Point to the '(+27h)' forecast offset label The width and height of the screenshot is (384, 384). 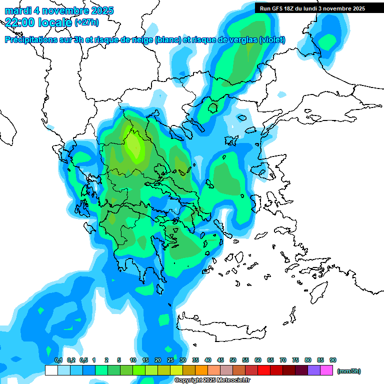(86, 22)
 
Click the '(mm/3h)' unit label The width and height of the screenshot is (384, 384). (349, 371)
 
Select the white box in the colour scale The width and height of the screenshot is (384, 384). (51, 370)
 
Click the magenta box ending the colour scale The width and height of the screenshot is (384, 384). (327, 370)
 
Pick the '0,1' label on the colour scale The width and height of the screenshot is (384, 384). (58, 360)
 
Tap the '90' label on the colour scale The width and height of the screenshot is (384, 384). (333, 360)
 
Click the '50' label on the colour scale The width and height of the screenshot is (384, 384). (233, 360)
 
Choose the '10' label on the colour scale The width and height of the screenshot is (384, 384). (133, 360)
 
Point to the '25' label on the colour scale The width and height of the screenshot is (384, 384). (170, 360)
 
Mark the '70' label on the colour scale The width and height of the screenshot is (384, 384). (283, 360)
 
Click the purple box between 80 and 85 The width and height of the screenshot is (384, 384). (314, 370)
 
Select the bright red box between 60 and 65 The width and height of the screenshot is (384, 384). (264, 370)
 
